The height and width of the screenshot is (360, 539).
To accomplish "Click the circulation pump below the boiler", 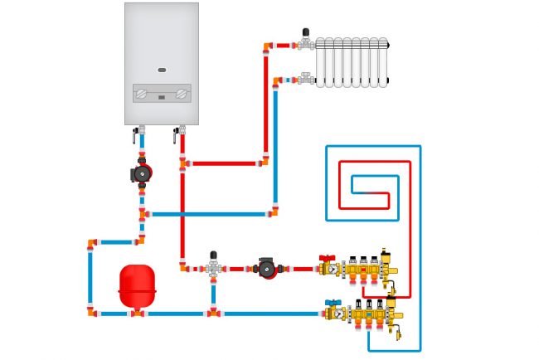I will pyautogui.click(x=142, y=173).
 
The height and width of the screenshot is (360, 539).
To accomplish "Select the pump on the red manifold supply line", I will pyautogui.click(x=266, y=268).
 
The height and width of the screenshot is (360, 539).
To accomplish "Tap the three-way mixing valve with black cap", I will pyautogui.click(x=213, y=266).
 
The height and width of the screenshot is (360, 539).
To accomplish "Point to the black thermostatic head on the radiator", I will pyautogui.click(x=306, y=33).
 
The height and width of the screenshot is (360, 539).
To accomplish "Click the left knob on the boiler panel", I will pyautogui.click(x=141, y=94).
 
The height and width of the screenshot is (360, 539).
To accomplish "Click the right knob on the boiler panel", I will pyautogui.click(x=182, y=94).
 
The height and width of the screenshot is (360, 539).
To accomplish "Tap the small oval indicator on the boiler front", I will pyautogui.click(x=162, y=70).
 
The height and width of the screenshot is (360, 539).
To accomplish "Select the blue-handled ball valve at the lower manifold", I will pyautogui.click(x=333, y=303).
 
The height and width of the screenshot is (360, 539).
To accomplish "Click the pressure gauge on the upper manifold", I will pyautogui.click(x=333, y=270).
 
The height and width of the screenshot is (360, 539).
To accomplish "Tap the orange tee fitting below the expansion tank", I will pyautogui.click(x=137, y=314).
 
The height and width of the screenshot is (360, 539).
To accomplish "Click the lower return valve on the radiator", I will pyautogui.click(x=305, y=80).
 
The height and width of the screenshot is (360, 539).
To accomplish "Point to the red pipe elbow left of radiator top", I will pyautogui.click(x=267, y=46).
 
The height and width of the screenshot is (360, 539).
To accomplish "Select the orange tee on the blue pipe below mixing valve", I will pyautogui.click(x=213, y=313).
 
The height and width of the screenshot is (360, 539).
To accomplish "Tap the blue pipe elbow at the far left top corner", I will pyautogui.click(x=91, y=243).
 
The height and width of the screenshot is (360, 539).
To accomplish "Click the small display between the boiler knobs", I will pyautogui.click(x=162, y=97).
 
